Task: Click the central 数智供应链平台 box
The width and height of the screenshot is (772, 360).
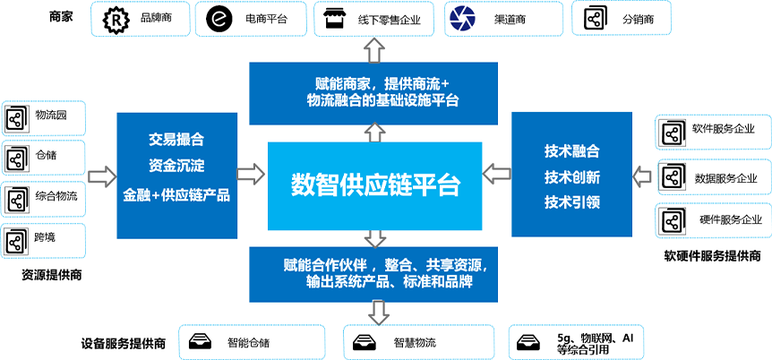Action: [375, 184]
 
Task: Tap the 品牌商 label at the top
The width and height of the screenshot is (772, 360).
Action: [155, 18]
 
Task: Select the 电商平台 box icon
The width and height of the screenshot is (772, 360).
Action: [219, 18]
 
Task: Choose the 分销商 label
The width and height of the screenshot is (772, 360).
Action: [639, 18]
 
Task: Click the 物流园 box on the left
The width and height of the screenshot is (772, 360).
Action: [44, 117]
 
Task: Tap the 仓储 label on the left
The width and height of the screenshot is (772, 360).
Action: [45, 155]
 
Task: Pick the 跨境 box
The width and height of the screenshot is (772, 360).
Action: [44, 239]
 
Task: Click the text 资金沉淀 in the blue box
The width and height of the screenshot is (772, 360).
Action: [176, 166]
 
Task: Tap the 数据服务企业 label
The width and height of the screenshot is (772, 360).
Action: [724, 176]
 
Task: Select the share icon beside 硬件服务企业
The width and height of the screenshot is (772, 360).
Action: [672, 220]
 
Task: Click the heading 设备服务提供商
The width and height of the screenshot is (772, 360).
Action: [123, 342]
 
